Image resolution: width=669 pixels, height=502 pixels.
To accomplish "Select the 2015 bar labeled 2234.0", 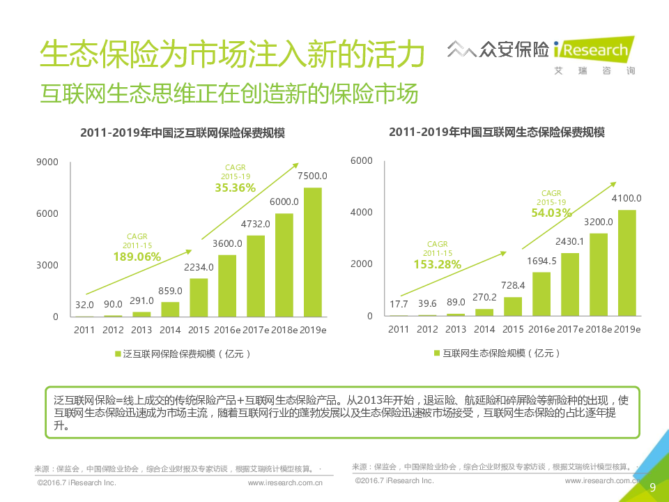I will click(199, 297).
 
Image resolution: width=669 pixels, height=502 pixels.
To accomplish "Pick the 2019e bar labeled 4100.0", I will click(626, 263).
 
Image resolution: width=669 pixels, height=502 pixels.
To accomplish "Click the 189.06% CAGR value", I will click(137, 257).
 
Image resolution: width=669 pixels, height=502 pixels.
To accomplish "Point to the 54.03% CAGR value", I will click(551, 213).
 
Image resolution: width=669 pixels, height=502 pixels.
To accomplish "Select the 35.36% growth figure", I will click(235, 188).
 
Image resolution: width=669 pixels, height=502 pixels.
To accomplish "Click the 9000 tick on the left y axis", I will click(47, 162).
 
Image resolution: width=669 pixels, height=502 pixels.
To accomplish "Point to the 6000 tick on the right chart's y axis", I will click(362, 160).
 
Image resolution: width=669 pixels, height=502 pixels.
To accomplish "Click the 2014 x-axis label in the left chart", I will click(170, 330).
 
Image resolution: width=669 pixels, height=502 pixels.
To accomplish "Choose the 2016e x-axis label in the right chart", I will click(541, 329).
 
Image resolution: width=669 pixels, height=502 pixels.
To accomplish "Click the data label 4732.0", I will click(255, 225).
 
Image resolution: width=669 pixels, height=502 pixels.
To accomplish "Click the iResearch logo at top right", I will click(593, 50).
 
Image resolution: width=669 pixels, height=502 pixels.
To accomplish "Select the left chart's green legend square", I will click(118, 353).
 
